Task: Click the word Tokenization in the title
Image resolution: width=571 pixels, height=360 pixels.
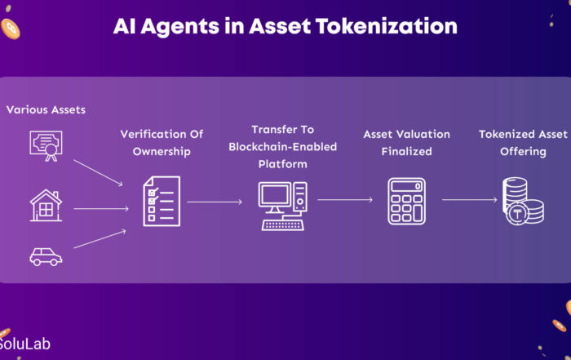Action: pos(386,26)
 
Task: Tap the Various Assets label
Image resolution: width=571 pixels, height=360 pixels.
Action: pos(46,109)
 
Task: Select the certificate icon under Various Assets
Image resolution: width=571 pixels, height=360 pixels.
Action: pos(46,146)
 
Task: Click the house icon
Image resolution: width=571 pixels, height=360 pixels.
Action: pos(46,205)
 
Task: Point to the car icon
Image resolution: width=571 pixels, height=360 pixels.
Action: pos(46,256)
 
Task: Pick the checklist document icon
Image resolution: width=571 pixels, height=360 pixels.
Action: pos(162,201)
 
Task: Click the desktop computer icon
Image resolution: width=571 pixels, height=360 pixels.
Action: pos(283,206)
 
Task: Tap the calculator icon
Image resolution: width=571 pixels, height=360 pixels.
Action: pos(407,201)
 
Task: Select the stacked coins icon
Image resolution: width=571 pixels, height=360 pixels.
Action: pos(524,201)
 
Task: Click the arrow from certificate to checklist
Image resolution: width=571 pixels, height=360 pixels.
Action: pos(99,173)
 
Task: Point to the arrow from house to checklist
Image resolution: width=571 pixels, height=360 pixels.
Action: pos(101,209)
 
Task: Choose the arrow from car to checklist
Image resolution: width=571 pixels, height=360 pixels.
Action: pos(100,239)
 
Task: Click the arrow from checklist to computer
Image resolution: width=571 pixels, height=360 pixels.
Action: pos(215,202)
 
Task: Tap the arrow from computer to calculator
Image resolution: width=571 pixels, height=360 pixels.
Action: pos(345,200)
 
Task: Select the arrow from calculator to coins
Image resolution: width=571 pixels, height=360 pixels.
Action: pos(469,200)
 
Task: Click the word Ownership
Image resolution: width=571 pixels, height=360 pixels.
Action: pos(162,152)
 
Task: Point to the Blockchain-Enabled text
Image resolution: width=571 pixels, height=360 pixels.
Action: pos(283,147)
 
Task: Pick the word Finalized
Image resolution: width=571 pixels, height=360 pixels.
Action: pos(407,152)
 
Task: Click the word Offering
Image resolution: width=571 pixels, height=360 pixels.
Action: pos(524,152)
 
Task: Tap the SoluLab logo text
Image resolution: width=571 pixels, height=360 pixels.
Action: pos(24,344)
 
